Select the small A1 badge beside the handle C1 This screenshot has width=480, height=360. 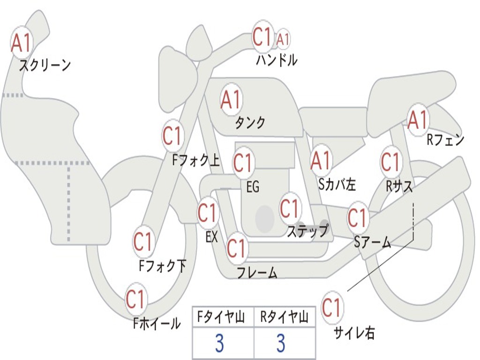click(283, 39)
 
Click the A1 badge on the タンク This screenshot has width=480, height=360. click(231, 99)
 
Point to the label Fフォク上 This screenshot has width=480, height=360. click(195, 161)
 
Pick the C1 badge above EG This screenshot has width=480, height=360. click(243, 163)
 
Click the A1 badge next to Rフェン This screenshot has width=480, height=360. click(418, 120)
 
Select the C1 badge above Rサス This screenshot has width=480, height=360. click(390, 162)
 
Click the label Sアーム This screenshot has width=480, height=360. click(373, 242)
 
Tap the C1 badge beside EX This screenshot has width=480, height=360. click(208, 213)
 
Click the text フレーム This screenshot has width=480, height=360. click(257, 272)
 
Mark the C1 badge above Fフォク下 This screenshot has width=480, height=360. click(143, 242)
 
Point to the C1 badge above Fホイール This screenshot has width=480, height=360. click(136, 299)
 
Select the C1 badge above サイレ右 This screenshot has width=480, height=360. click(332, 308)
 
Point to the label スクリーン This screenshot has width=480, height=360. click(45, 66)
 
